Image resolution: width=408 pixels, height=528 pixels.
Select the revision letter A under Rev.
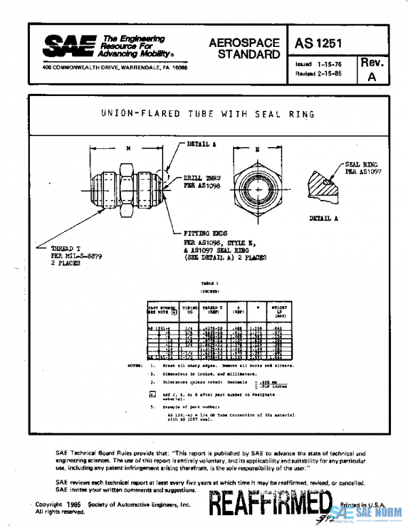(371, 76)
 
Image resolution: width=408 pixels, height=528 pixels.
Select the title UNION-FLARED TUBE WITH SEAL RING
(207, 114)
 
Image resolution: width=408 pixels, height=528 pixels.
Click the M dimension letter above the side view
(127, 147)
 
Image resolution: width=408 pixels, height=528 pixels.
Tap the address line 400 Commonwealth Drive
(114, 68)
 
